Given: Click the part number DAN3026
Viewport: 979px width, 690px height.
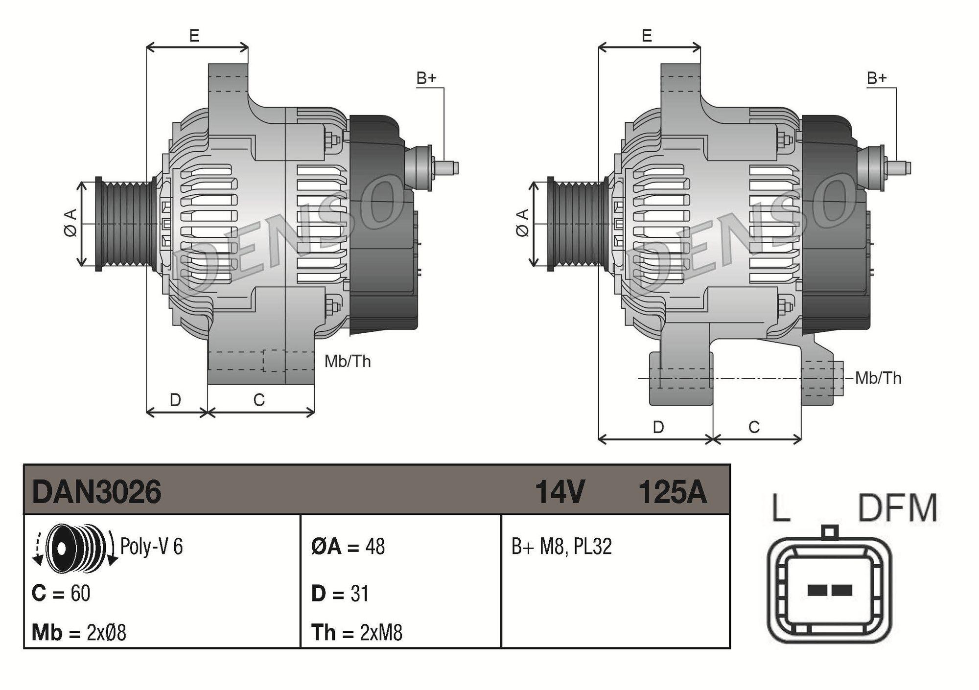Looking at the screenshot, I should [96, 491].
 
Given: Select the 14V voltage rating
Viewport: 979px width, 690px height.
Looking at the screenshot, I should [559, 491].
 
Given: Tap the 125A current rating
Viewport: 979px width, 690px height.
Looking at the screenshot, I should [673, 491].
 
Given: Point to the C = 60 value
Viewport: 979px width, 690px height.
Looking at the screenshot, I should [61, 593].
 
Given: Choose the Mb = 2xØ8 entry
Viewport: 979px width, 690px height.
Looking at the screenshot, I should [79, 632].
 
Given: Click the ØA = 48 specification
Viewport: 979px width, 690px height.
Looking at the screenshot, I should [348, 546].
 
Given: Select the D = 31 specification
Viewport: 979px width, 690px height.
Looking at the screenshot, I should [340, 593].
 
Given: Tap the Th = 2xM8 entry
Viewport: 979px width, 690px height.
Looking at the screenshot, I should [357, 632].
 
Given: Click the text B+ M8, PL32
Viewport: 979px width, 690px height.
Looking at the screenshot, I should [561, 546].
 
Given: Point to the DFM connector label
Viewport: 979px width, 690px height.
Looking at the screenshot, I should [897, 508].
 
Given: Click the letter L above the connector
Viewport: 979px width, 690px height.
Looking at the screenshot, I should [781, 508].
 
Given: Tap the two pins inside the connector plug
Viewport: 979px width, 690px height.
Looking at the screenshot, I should [829, 590].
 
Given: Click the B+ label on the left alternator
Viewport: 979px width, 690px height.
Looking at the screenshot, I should [426, 78].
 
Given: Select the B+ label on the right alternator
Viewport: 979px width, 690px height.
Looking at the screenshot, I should [877, 78].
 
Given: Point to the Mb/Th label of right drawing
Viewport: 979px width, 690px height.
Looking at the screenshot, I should [878, 378].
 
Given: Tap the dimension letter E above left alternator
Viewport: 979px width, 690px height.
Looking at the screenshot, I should [194, 36].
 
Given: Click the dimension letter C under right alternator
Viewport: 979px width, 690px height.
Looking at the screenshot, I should [754, 427].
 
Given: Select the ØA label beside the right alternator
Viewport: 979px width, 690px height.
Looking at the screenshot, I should [523, 223].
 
